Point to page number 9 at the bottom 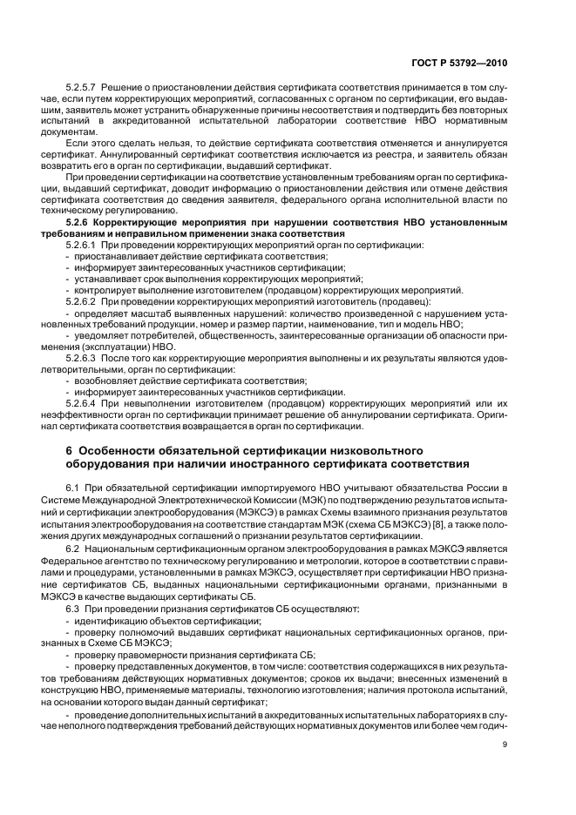click(x=505, y=744)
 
